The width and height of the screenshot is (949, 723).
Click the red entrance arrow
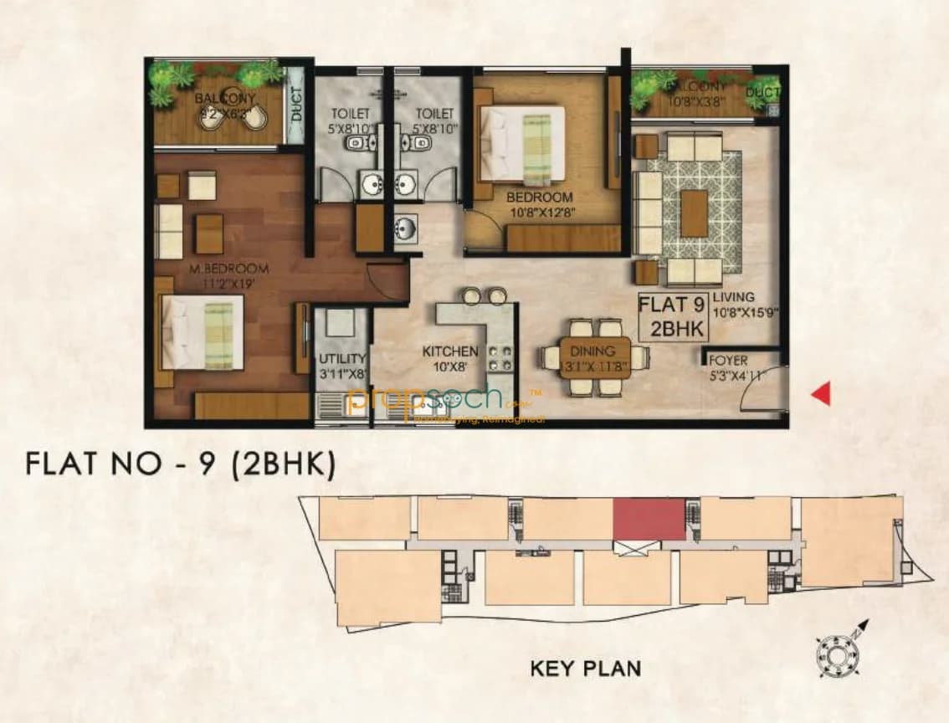pos(822,392)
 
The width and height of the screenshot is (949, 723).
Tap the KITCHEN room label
pos(450,352)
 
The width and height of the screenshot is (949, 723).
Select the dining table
pos(592,358)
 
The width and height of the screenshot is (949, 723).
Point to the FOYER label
pos(728,361)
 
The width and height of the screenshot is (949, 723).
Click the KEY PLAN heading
pos(586,668)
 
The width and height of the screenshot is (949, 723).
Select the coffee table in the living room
pos(694,213)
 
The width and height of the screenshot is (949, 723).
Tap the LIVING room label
pos(734,297)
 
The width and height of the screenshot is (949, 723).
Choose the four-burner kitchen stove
pos(500,358)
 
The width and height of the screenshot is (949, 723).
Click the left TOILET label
pos(345,113)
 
